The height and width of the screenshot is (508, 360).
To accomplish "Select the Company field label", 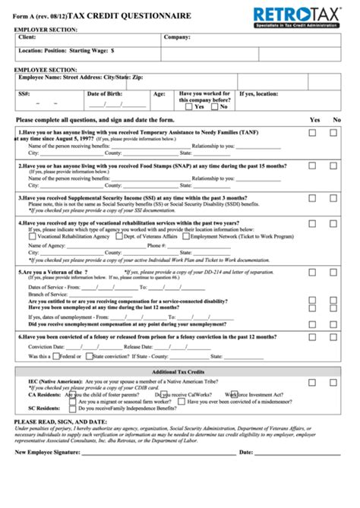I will (x=177, y=36).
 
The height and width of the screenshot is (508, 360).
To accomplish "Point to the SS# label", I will (x=25, y=93).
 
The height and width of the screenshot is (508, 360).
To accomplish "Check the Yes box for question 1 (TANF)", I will (x=312, y=133).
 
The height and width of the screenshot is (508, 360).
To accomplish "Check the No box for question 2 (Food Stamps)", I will (x=333, y=166).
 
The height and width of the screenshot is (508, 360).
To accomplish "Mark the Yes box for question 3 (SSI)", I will (x=312, y=197).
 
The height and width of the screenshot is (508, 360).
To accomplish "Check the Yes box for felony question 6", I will (x=312, y=336).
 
